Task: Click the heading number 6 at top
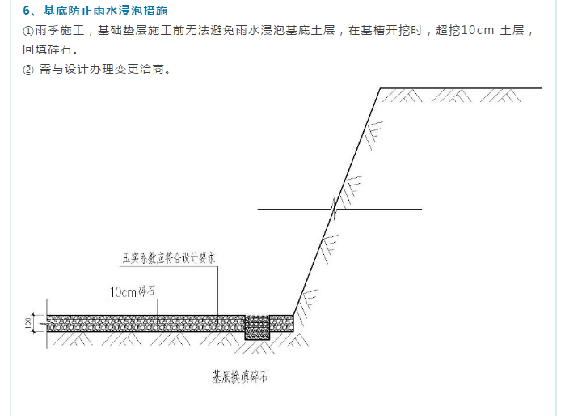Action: (27, 11)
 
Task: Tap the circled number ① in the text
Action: (29, 31)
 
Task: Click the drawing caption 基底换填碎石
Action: (239, 376)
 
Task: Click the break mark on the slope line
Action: (333, 209)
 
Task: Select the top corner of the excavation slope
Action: (380, 87)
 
